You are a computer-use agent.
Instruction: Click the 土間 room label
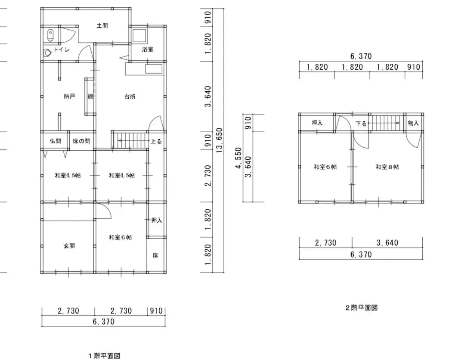pos(102,25)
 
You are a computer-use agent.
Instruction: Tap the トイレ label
pos(62,50)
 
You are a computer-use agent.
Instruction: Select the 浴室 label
pos(148,50)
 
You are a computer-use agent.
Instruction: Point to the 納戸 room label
pos(69,96)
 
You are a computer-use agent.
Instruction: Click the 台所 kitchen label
pos(130,96)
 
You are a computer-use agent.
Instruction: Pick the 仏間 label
pos(56,141)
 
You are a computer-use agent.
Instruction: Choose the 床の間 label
pos(81,141)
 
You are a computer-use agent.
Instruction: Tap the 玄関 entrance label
pos(69,246)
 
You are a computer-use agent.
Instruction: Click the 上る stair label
pos(156,141)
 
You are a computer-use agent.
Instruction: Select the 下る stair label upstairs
pos(361,124)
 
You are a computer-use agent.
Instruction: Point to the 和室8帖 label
pos(387,167)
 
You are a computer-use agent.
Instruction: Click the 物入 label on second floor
pos(413,123)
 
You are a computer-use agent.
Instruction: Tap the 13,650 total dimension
pos(219,140)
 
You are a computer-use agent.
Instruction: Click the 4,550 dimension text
pos(238,158)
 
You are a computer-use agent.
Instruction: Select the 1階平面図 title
pos(105,356)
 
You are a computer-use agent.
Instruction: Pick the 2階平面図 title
pos(361,308)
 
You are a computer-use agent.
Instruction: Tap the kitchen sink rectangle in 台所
pos(154,69)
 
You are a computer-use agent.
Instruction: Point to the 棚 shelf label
pos(90,96)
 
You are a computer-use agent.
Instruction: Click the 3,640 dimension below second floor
pos(387,243)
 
